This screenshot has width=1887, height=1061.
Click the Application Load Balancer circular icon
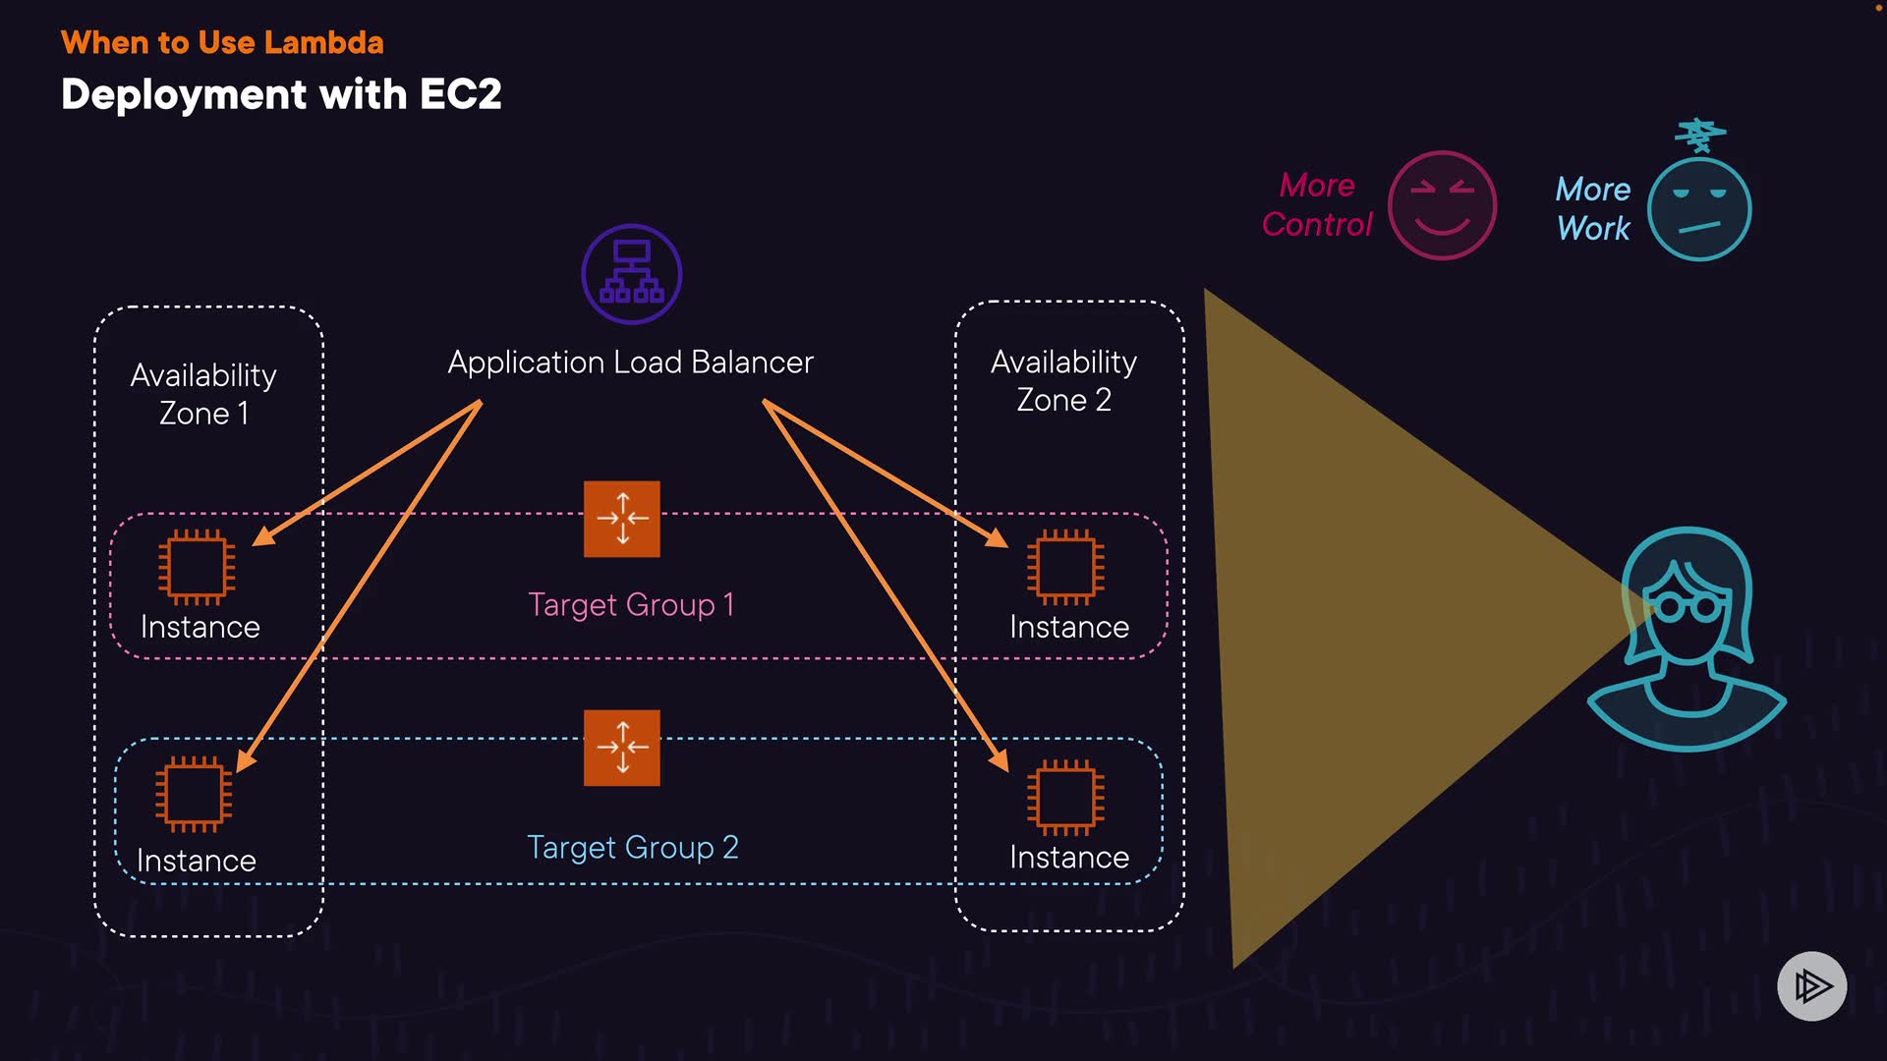pos(631,274)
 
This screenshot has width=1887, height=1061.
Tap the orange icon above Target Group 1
pos(622,519)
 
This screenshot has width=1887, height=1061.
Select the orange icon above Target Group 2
pos(622,748)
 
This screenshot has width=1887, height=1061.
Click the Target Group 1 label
pos(631,604)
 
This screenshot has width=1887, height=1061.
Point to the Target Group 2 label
pos(633,847)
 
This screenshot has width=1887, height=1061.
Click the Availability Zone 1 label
pos(203,394)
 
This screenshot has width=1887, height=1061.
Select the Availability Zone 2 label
pos(1063,381)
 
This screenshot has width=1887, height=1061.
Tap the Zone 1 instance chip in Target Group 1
pos(197,567)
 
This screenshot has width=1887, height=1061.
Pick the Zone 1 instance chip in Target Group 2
pos(194,794)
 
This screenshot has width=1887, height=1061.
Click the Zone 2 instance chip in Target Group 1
pos(1065,567)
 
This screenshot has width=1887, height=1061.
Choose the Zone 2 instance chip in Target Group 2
pos(1065,797)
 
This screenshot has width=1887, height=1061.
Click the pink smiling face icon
pos(1442,205)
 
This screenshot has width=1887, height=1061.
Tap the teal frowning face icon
pos(1699,209)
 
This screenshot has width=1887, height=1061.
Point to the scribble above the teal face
pos(1700,136)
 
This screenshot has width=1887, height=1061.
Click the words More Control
pos(1317,204)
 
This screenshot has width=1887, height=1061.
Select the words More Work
pos(1592,208)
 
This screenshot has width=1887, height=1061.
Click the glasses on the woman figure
pos(1687,606)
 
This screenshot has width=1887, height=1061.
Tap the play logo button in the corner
pos(1811,985)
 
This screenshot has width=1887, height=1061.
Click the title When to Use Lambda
pos(222,42)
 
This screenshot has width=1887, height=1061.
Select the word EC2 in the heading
pos(461,94)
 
